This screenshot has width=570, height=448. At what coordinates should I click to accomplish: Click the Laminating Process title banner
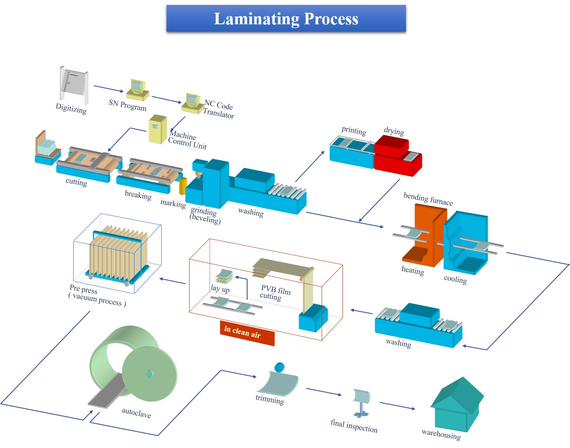[x=286, y=19]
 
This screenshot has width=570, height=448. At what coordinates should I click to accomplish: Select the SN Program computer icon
[x=137, y=90]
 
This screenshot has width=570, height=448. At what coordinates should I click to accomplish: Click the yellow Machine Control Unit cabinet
[x=158, y=129]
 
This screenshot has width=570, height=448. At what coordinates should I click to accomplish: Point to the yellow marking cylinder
[x=183, y=186]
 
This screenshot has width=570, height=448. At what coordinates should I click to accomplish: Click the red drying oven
[x=397, y=156]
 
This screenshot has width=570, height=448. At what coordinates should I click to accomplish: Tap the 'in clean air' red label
[x=247, y=332]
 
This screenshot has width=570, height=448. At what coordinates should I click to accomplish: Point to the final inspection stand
[x=361, y=403]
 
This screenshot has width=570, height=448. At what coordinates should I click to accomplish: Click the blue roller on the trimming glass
[x=279, y=367]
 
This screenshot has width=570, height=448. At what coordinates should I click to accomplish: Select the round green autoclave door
[x=149, y=373]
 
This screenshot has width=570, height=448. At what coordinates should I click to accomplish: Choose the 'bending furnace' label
[x=428, y=199]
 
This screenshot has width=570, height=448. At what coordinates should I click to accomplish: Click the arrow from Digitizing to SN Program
[x=109, y=89]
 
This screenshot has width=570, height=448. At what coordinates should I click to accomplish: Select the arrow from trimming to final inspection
[x=324, y=392]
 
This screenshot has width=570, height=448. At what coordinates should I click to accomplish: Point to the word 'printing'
[x=354, y=131]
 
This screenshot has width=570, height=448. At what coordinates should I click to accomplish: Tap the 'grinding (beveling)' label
[x=204, y=215]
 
